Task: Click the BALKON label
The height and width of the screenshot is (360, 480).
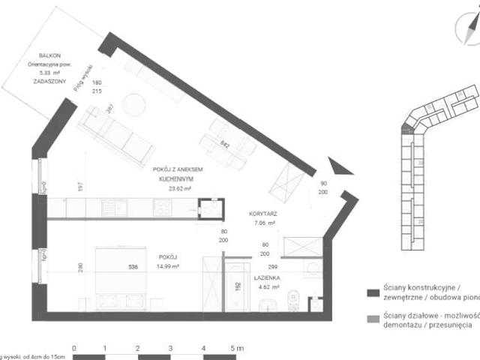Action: click(x=51, y=55)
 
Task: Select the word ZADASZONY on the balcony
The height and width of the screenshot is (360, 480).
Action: click(x=49, y=81)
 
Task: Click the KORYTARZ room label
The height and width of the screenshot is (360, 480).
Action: click(x=264, y=214)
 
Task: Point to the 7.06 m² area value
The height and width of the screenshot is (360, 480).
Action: click(x=264, y=223)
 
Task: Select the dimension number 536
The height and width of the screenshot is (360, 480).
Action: click(x=133, y=266)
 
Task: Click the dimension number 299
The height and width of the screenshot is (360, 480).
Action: click(x=273, y=266)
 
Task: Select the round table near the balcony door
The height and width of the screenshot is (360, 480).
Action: click(x=134, y=104)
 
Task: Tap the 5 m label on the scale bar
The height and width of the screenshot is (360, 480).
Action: click(x=236, y=348)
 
